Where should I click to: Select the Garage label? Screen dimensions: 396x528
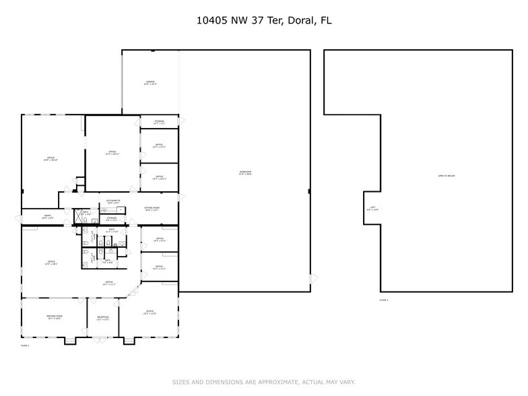(150, 83)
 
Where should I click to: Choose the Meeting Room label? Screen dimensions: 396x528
(54, 317)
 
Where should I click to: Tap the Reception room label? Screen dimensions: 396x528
(102, 318)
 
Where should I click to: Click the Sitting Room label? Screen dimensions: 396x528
(152, 209)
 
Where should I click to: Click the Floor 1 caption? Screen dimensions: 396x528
(25, 345)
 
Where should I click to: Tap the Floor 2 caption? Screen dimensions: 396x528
(384, 300)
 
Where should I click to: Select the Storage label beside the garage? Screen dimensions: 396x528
(159, 123)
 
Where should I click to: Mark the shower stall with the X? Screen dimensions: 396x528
(77, 216)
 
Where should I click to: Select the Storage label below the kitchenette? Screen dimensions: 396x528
(112, 219)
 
